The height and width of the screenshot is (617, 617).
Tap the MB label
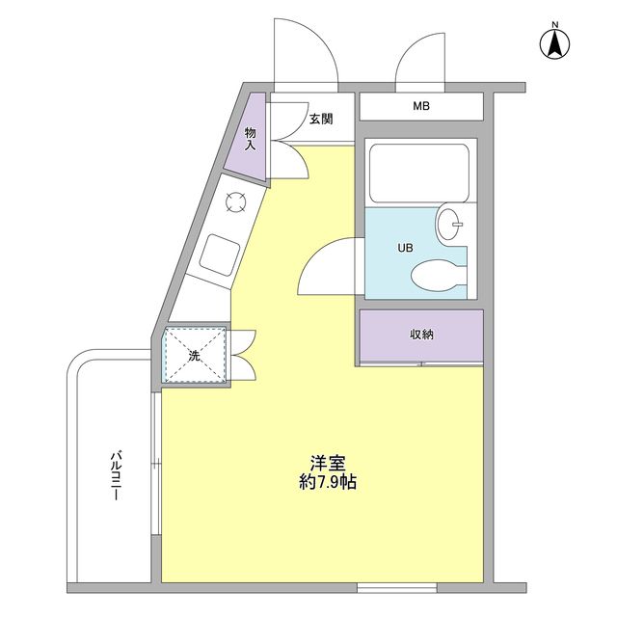[x=421, y=106]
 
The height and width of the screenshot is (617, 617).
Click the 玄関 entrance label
[x=321, y=120]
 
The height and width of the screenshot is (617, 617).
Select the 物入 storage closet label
[x=251, y=139]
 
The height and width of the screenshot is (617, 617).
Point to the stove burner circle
[x=235, y=201]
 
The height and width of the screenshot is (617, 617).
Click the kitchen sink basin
[x=221, y=255]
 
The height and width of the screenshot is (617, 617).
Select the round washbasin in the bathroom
[x=450, y=225]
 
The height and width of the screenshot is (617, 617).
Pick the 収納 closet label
[x=421, y=335]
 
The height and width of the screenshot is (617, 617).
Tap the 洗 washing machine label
[x=193, y=356]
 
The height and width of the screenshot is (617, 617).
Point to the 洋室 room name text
[x=328, y=462]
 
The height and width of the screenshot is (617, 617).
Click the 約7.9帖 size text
[x=328, y=483]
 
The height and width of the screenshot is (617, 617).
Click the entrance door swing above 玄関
[x=306, y=53]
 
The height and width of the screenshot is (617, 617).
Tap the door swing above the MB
[x=420, y=60]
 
